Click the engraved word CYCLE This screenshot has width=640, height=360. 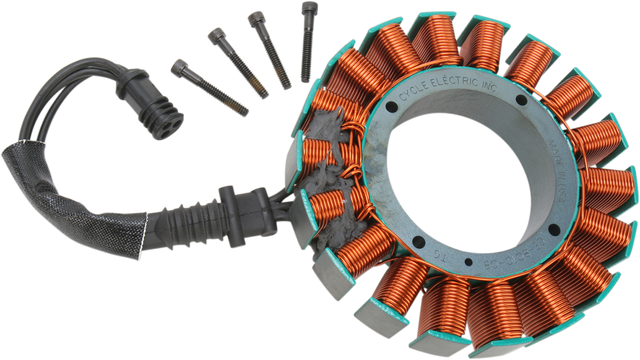click(413, 93)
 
